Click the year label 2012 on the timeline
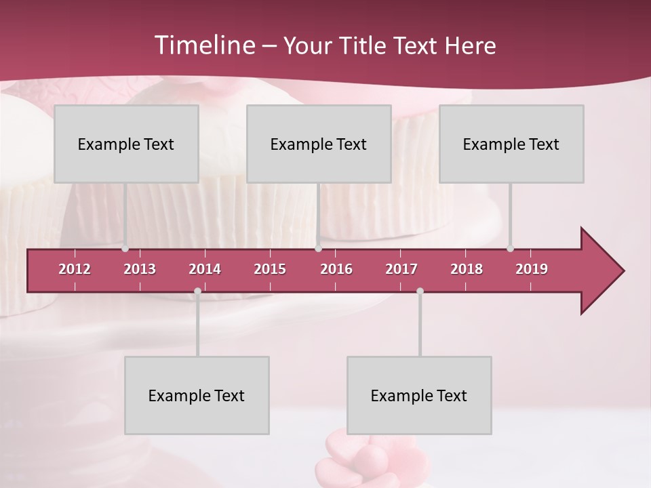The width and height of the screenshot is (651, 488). tap(75, 269)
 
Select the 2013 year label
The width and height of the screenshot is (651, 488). tap(140, 269)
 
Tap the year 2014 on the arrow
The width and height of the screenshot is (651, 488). tap(205, 269)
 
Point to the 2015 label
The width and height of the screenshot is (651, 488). tap(270, 269)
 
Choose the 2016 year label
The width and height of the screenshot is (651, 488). tap(336, 269)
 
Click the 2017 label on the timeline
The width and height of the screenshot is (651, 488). tap(401, 269)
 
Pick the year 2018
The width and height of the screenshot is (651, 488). tap(467, 269)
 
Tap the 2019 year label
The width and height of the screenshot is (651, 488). tap(532, 269)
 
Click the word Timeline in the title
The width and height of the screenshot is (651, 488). tap(204, 45)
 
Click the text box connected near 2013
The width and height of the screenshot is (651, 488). tap(126, 144)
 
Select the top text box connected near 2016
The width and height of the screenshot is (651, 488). tap(319, 144)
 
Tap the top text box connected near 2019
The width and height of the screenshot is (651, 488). tap(511, 144)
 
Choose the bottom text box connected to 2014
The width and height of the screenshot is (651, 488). tap(197, 395)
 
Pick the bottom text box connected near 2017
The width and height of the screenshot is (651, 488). tap(419, 395)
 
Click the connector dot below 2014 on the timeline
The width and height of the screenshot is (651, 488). tap(197, 291)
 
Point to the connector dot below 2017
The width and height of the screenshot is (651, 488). tap(420, 291)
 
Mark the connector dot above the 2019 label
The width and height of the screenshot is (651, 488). tap(510, 248)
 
